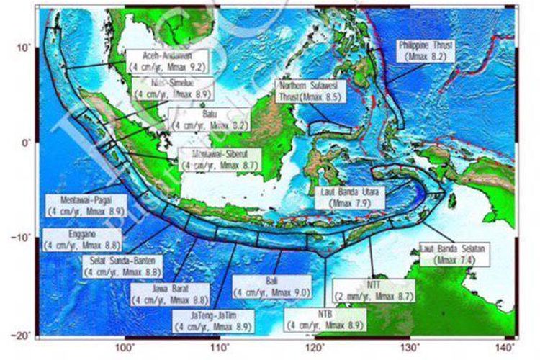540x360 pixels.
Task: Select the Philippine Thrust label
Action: pyautogui.click(x=426, y=50)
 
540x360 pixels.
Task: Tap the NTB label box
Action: pyautogui.click(x=324, y=320)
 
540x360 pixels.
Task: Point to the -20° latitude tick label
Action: pyautogui.click(x=23, y=335)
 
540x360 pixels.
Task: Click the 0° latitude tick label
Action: pyautogui.click(x=27, y=143)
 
